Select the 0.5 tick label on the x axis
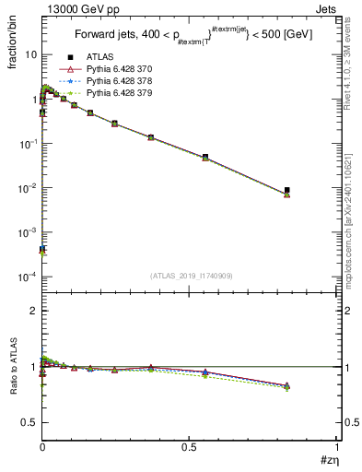coord(189,446)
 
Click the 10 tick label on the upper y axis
coord(30,54)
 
